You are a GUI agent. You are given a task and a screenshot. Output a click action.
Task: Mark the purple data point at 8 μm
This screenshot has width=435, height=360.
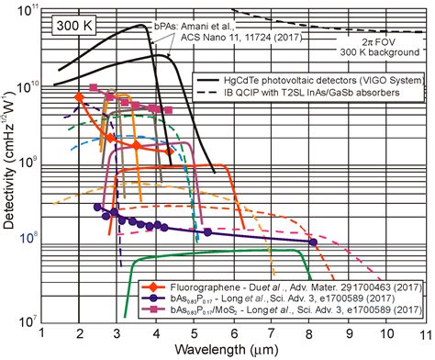314,242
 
